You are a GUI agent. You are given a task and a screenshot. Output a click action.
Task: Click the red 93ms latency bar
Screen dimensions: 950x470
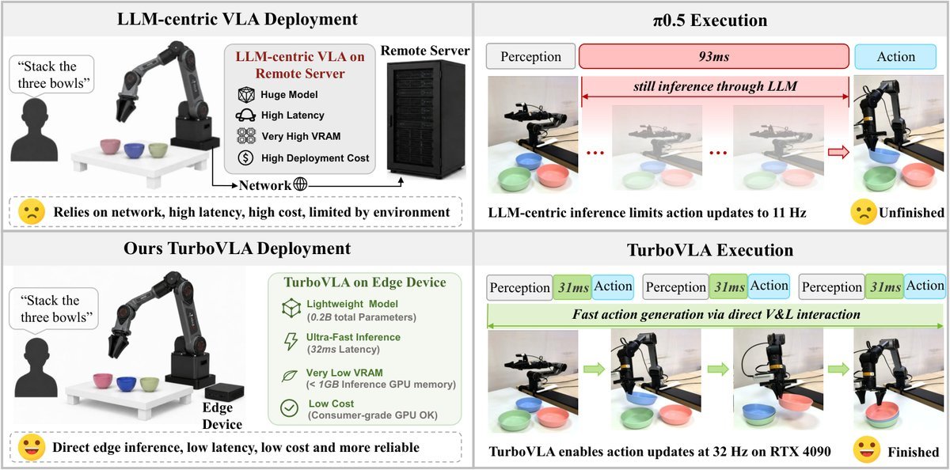pos(714,56)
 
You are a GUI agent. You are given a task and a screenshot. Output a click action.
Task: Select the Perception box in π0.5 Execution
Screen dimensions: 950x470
pos(530,56)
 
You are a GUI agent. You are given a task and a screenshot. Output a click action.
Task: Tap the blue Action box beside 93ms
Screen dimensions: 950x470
pos(895,56)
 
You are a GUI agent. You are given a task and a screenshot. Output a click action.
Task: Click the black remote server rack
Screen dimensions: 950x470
pos(426,119)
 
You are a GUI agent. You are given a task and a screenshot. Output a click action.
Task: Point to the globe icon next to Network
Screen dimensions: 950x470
pos(300,184)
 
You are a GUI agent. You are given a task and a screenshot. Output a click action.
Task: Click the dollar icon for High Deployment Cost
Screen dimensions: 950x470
pos(245,157)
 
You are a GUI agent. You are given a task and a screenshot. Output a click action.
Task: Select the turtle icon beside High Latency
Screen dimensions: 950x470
pos(245,115)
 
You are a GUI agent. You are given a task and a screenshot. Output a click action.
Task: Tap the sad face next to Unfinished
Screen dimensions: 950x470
pos(864,212)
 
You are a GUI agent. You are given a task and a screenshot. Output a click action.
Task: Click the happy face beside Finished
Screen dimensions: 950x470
pos(866,450)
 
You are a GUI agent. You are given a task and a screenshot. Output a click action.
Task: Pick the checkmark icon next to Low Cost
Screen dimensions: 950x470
pos(289,408)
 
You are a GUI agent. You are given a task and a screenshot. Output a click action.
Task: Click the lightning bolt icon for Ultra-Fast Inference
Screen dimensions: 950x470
pos(291,342)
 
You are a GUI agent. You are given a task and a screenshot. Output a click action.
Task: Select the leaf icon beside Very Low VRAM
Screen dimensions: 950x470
pos(290,376)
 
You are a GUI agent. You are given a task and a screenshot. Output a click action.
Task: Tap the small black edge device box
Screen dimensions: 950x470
pos(224,391)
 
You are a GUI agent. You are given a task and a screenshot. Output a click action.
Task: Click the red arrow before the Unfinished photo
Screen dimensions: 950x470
pos(838,152)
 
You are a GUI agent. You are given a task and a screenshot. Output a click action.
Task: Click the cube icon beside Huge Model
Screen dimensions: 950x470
pos(246,94)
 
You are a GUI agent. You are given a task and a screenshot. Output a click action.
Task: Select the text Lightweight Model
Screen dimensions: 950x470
pos(352,304)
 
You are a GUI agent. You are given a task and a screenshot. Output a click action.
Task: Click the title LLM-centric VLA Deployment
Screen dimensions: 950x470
pos(237,19)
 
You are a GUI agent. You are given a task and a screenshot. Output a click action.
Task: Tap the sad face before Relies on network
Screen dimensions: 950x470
pos(32,211)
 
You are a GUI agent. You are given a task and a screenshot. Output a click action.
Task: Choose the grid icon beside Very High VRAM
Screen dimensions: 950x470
pos(246,135)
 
